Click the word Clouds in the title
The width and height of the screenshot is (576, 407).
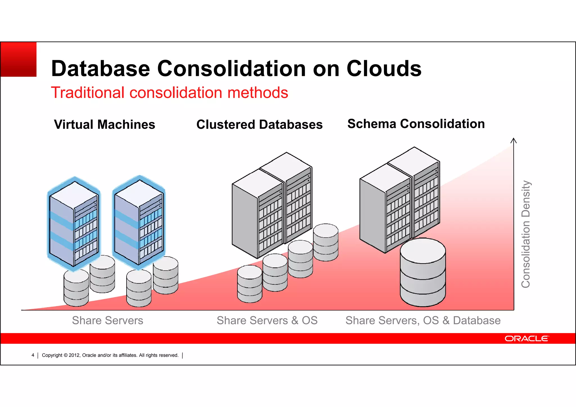(384, 69)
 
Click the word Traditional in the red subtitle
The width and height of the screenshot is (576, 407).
(87, 93)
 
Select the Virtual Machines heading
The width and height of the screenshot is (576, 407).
(104, 124)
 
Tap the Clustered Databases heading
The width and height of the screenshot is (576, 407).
(259, 124)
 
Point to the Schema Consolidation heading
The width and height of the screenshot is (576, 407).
(416, 124)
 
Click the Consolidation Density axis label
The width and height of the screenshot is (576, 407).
(525, 234)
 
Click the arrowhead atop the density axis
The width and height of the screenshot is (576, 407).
(514, 140)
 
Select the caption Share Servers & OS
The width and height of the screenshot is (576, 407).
(267, 320)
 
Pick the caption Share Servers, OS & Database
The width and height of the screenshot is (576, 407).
(423, 320)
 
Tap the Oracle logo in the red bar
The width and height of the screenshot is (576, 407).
(526, 338)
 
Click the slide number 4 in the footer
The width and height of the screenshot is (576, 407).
(33, 355)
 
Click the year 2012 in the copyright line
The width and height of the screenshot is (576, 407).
(75, 355)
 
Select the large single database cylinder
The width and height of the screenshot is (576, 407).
(423, 272)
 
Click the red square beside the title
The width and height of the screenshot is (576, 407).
(19, 59)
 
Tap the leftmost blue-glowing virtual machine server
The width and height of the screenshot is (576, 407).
(74, 224)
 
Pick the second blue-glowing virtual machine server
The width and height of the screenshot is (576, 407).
(139, 222)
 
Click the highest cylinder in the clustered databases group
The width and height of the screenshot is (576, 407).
(326, 242)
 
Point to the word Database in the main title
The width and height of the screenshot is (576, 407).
(100, 69)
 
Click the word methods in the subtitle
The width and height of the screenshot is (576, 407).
(258, 93)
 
